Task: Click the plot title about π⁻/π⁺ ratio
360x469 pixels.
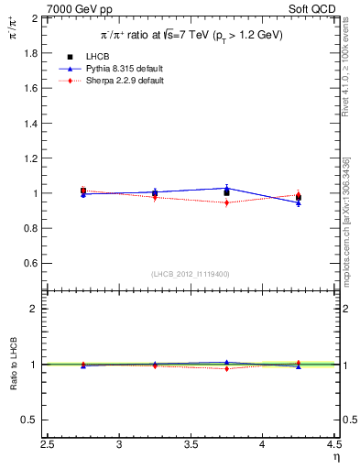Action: click(191, 35)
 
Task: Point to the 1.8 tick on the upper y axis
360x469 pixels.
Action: click(29, 53)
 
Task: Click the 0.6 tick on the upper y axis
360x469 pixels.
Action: click(29, 264)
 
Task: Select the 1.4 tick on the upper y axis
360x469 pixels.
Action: click(29, 124)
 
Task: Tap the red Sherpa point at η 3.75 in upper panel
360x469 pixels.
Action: click(226, 202)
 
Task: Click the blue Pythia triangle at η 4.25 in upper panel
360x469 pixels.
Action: click(299, 202)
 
